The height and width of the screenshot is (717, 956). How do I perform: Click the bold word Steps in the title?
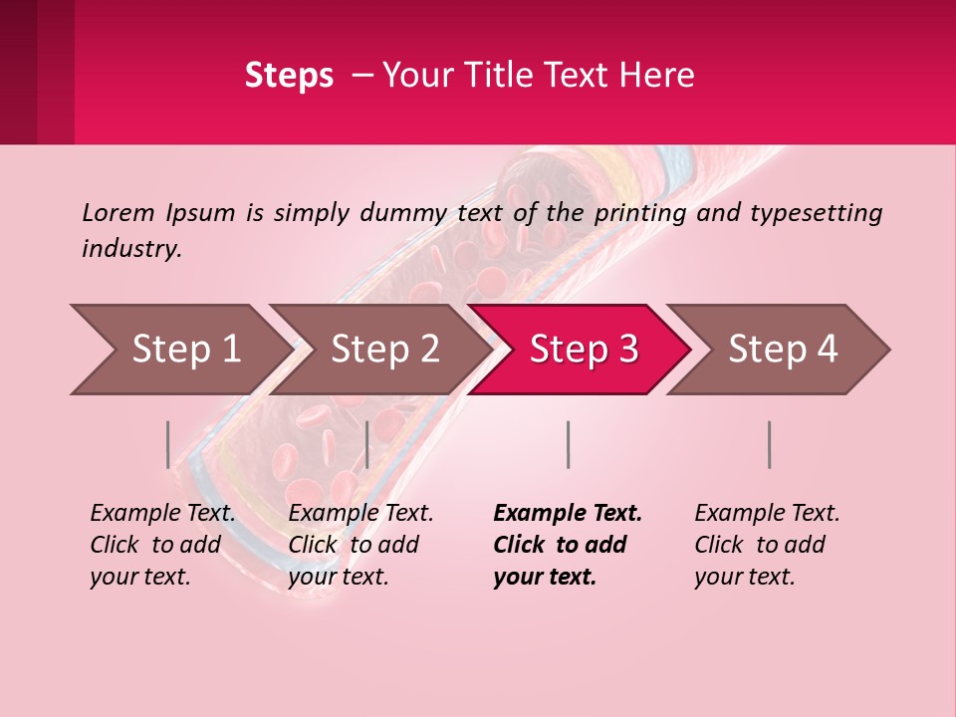(x=289, y=76)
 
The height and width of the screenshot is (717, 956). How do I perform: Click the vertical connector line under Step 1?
(x=168, y=444)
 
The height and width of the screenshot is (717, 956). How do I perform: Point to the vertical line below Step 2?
(x=367, y=444)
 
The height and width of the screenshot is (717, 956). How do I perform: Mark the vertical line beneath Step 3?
(x=569, y=444)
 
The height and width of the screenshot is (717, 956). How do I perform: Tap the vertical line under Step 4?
(x=770, y=444)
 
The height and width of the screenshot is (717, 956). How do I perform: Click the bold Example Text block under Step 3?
(x=568, y=545)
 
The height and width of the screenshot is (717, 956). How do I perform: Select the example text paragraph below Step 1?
(x=162, y=545)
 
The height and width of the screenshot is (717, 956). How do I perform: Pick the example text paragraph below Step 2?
(x=360, y=545)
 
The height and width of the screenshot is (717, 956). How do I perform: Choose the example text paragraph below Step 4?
(x=767, y=545)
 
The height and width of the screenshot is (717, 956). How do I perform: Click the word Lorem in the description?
(x=119, y=213)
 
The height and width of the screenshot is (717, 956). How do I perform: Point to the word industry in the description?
(x=131, y=249)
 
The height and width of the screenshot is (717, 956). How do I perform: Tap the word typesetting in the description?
(x=816, y=213)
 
